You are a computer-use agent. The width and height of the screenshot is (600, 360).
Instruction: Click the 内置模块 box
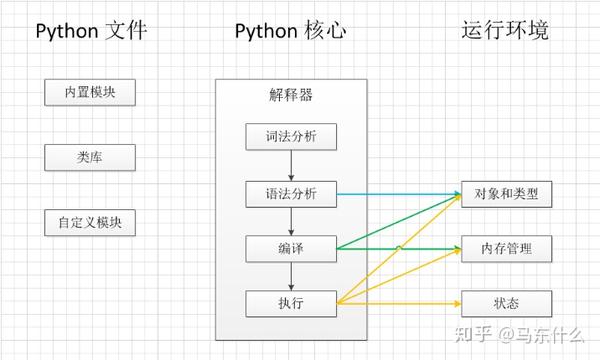(90, 93)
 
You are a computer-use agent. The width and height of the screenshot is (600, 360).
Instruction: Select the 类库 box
(90, 158)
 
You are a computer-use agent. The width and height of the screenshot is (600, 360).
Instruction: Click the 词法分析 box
(290, 137)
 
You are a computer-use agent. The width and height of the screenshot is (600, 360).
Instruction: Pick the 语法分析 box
(290, 192)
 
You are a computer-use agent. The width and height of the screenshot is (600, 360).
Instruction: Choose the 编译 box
(290, 247)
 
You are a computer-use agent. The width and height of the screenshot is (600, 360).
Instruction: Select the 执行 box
(290, 302)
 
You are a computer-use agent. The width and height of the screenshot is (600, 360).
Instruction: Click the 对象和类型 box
(506, 193)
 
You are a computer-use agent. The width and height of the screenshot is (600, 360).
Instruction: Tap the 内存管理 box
(506, 248)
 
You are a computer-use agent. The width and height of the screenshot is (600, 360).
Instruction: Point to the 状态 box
(506, 302)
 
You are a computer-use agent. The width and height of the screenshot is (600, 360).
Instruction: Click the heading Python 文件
(91, 31)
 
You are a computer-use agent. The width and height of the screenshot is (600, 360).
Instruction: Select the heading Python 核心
(290, 31)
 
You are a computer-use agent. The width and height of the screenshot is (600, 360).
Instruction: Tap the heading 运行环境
(505, 31)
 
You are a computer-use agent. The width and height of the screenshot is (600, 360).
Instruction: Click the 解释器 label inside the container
(291, 96)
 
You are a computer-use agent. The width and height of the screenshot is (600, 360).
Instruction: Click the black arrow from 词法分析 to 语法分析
(291, 164)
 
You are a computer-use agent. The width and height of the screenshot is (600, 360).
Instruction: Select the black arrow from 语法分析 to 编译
(291, 219)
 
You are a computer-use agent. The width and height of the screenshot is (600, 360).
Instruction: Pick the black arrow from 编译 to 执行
(291, 274)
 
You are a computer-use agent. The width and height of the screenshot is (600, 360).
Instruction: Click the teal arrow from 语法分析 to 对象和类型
(400, 193)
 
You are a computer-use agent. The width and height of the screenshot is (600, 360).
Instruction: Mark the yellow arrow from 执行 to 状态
(400, 302)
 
